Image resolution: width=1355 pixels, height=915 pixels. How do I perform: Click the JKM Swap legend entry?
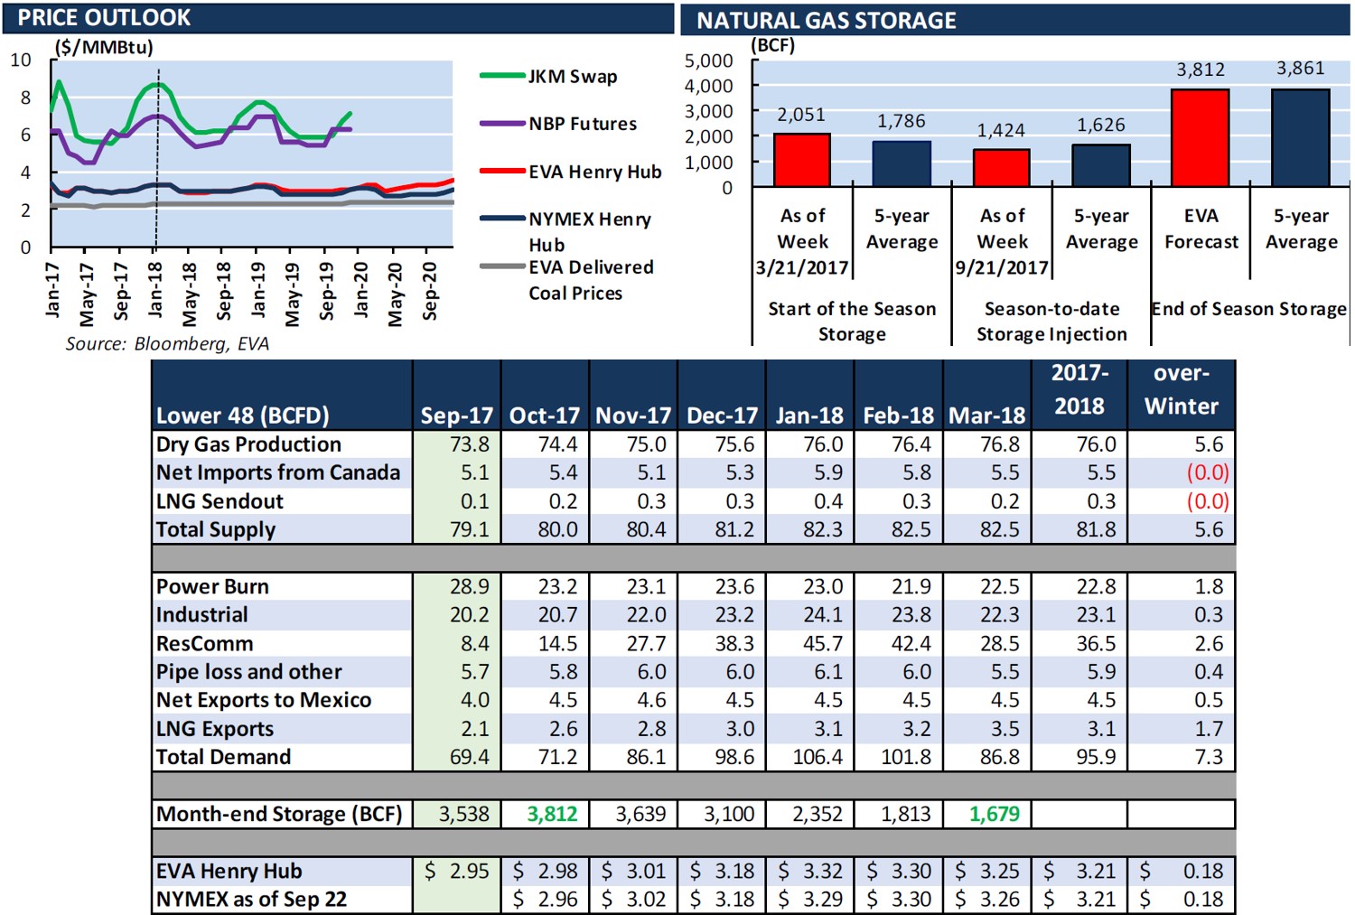(x=572, y=77)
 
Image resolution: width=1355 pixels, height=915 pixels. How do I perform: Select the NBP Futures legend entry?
(x=582, y=124)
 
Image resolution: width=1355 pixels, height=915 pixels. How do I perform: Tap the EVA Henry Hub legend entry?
(x=594, y=172)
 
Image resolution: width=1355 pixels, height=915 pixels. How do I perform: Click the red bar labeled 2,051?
(x=801, y=160)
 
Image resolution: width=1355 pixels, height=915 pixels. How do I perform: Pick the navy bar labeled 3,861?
(x=1300, y=137)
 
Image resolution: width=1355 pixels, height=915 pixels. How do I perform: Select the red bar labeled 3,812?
(x=1200, y=137)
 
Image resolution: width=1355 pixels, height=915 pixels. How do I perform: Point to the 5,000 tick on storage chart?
(x=709, y=61)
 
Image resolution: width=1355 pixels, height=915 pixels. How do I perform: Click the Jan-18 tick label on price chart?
(x=155, y=289)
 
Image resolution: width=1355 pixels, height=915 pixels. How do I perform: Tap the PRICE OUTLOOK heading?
(x=104, y=18)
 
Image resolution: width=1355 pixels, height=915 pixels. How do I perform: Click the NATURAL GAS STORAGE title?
(x=826, y=21)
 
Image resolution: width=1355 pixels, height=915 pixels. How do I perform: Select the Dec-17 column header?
(x=722, y=415)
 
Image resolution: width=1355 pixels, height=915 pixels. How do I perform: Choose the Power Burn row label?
(x=212, y=586)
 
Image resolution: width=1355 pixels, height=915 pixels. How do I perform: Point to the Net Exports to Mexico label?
(x=264, y=700)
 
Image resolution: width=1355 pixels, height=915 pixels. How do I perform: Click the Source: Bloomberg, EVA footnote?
(x=167, y=344)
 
